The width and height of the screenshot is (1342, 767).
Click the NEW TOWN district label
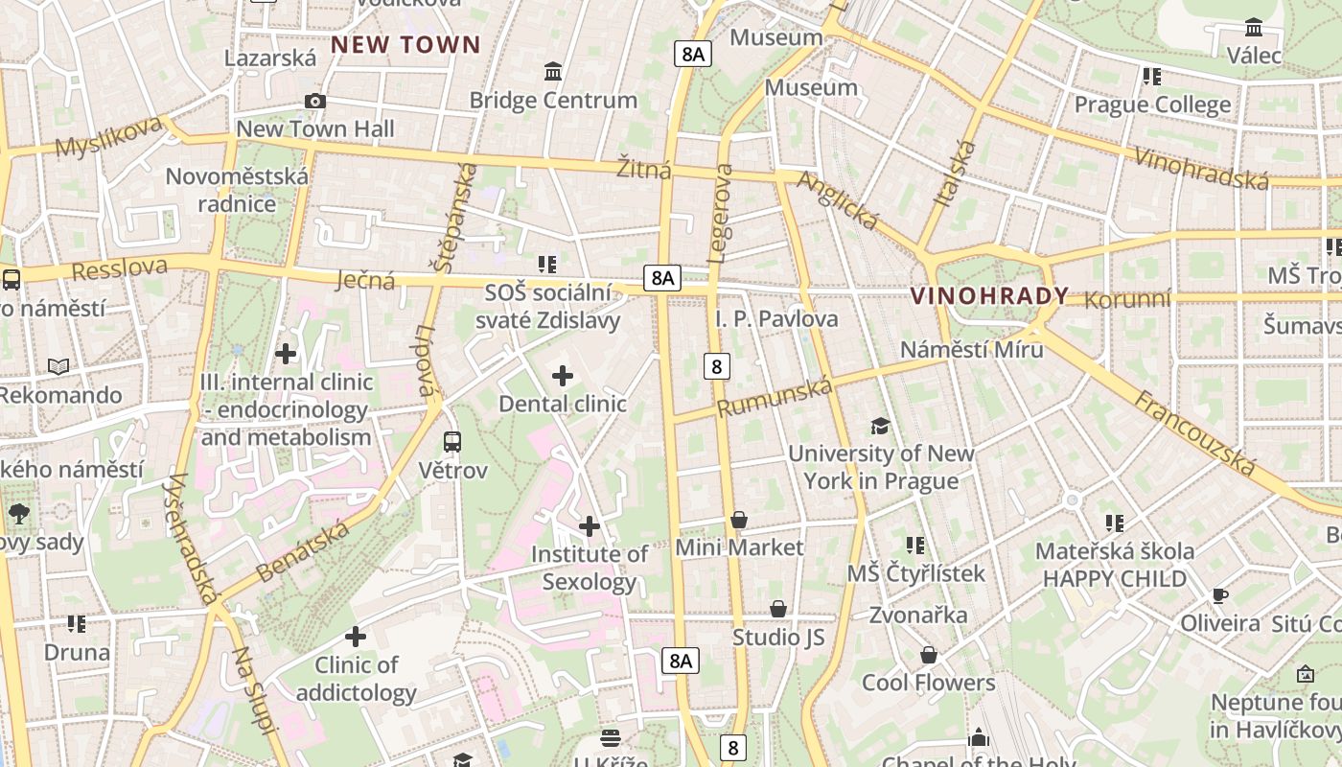pos(405,44)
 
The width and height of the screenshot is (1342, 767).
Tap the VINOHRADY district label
pos(989,295)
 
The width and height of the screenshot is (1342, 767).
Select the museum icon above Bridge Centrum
pos(553,72)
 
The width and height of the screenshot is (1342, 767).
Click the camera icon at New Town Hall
pos(314,101)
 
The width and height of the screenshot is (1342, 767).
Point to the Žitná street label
pos(643,168)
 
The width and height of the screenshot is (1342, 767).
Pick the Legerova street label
pos(721,213)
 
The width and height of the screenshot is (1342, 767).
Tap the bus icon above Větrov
pos(452,442)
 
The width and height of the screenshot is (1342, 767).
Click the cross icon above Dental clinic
pos(563,376)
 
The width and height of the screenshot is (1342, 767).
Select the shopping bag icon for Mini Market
pos(739,520)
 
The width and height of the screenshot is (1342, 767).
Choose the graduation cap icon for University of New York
pos(880,426)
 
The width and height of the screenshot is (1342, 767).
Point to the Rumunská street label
pos(774,396)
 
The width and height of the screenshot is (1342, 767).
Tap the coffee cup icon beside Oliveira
pos(1219,595)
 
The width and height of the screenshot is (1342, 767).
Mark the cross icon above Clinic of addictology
pos(356,637)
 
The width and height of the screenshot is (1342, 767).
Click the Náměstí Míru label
pos(971,349)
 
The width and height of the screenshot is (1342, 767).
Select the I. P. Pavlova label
pos(776,318)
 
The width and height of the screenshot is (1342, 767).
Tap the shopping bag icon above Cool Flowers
pos(928,656)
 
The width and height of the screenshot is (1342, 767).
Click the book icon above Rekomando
pos(58,366)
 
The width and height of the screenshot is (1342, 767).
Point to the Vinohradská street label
pos(1201,167)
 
